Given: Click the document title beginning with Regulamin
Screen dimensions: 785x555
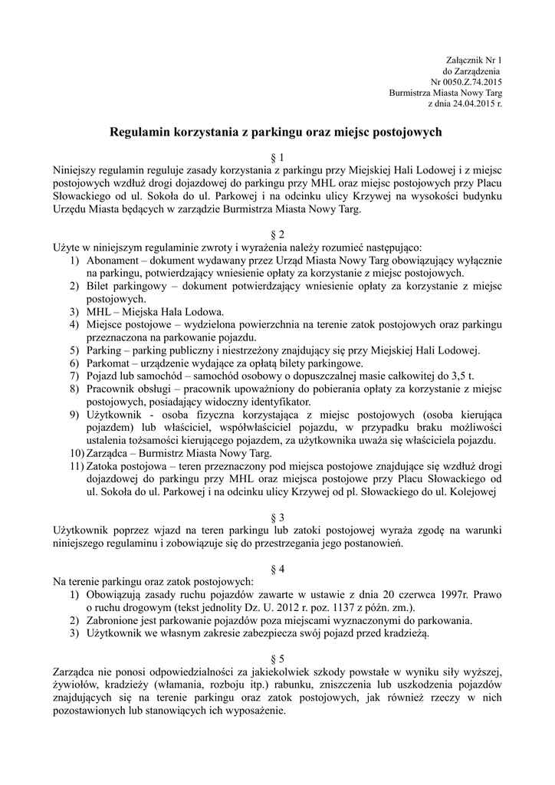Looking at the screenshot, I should [277, 132].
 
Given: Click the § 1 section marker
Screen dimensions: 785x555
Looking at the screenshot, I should [277, 157].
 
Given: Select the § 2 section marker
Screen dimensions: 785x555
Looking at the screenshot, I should [277, 234].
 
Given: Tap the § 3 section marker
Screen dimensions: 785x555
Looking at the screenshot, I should [277, 517].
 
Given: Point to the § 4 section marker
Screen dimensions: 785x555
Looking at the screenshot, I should [277, 569].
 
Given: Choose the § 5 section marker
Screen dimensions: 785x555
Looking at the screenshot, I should [277, 659].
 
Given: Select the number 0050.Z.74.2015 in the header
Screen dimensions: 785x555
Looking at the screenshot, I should [471, 80].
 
